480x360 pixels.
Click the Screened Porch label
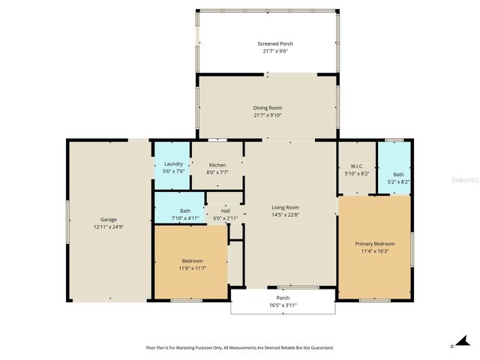click(x=266, y=44)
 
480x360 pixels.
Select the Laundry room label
click(x=173, y=164)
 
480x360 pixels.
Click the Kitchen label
click(x=217, y=164)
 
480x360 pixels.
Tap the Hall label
click(x=225, y=211)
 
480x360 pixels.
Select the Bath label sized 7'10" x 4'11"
click(x=184, y=217)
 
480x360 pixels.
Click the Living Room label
click(x=285, y=207)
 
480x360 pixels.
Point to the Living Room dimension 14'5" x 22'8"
click(x=285, y=214)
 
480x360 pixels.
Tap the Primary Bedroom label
click(x=375, y=244)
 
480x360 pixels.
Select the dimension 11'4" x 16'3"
click(x=375, y=251)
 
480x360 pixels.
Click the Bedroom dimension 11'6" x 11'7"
click(x=192, y=268)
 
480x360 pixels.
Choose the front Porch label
click(x=283, y=298)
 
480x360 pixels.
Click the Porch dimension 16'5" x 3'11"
click(x=283, y=305)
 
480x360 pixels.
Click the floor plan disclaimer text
click(x=239, y=347)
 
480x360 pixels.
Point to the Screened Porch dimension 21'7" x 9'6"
click(x=266, y=51)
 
